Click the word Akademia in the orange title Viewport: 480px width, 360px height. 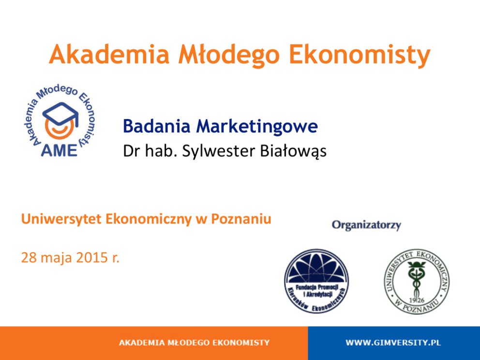pyautogui.click(x=109, y=55)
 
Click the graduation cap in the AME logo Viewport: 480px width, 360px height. pyautogui.click(x=60, y=114)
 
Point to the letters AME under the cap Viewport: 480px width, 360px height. pyautogui.click(x=59, y=150)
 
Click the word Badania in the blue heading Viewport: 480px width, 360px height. pyautogui.click(x=156, y=126)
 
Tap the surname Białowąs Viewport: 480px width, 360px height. pyautogui.click(x=293, y=151)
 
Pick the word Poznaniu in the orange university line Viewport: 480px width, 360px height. pyautogui.click(x=241, y=219)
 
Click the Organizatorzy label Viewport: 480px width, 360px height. pyautogui.click(x=366, y=225)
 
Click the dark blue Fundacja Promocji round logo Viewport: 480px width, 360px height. pyautogui.click(x=316, y=281)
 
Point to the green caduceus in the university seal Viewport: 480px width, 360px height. pyautogui.click(x=416, y=279)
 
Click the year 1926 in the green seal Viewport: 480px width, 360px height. pyautogui.click(x=417, y=300)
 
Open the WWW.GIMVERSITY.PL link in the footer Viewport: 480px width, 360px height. pyautogui.click(x=393, y=343)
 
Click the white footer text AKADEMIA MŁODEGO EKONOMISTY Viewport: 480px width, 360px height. pyautogui.click(x=195, y=343)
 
